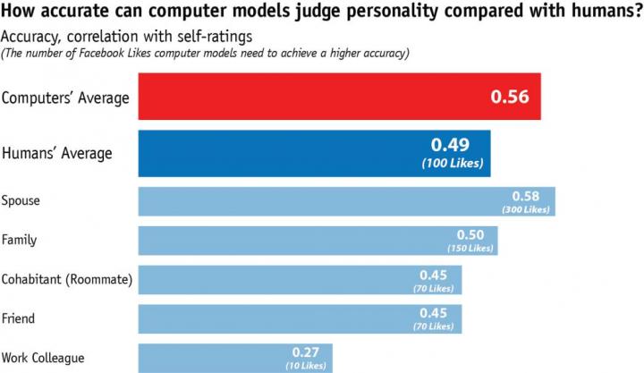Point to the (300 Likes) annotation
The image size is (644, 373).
530,209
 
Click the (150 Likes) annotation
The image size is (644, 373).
472,248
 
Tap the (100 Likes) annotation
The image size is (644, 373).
452,163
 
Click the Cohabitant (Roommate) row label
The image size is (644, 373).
67,279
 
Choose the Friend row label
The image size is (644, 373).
19,318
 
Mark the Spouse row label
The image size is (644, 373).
21,201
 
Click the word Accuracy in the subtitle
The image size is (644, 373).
29,37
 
